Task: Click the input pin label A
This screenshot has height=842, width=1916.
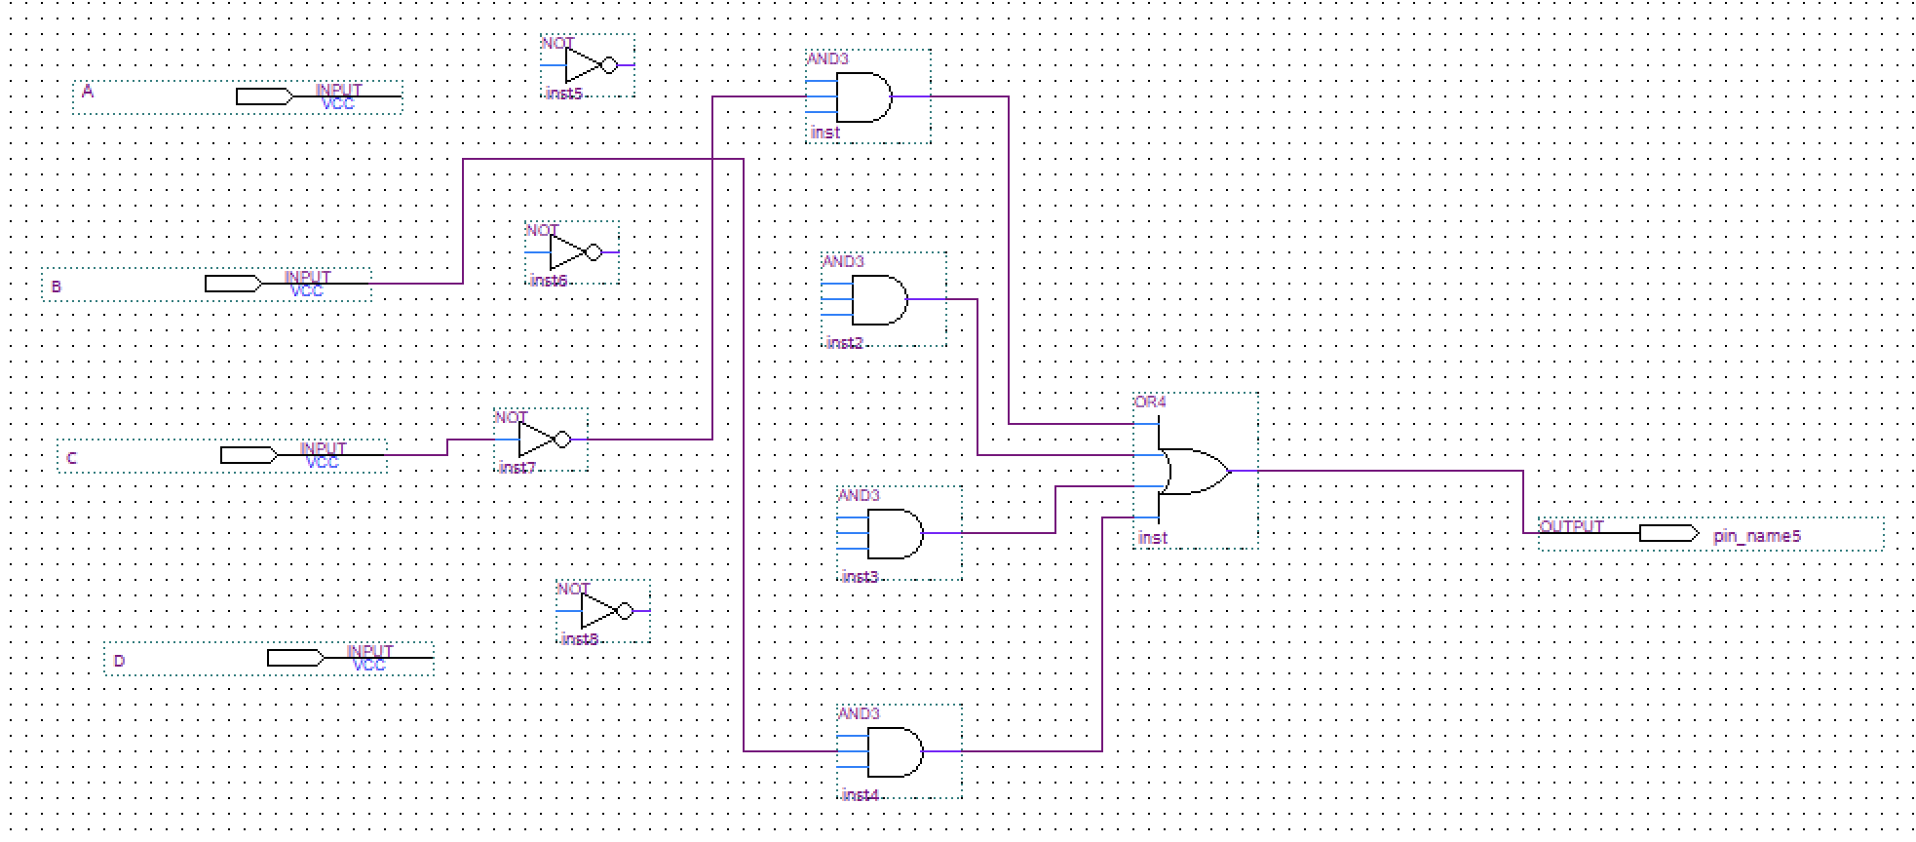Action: click(x=88, y=92)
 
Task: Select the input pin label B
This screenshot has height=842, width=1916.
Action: click(x=57, y=287)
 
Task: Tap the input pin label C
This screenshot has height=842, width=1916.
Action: click(x=71, y=458)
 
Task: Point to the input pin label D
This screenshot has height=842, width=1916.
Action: click(x=119, y=661)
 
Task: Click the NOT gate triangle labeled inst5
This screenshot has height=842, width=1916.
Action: click(x=582, y=66)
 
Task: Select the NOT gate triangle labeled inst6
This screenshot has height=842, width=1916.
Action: click(x=566, y=252)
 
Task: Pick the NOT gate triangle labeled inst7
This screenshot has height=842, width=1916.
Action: click(x=535, y=440)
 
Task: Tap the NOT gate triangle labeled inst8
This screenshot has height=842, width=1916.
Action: click(x=597, y=611)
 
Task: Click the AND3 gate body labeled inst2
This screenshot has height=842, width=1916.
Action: click(x=878, y=299)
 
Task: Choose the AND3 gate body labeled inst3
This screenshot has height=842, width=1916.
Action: click(x=894, y=533)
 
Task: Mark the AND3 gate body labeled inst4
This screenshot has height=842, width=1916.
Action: click(x=894, y=751)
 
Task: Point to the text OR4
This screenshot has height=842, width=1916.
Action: click(x=1150, y=402)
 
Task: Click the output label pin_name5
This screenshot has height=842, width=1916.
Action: click(x=1757, y=536)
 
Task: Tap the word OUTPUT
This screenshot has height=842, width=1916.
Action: click(x=1571, y=526)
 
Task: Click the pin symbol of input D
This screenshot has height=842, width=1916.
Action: click(x=294, y=658)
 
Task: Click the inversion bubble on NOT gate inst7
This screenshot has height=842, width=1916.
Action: click(x=562, y=440)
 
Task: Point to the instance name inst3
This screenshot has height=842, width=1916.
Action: click(x=860, y=577)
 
